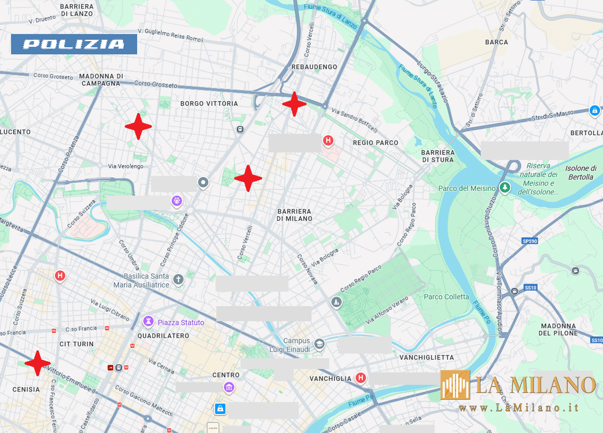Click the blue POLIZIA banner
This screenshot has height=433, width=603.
coord(74,44)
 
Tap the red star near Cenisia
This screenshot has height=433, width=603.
coord(38,363)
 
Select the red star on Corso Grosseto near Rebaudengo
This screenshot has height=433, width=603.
coord(294,104)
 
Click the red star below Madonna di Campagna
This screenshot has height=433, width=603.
coord(138,126)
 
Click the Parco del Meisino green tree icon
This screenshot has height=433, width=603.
coord(505,187)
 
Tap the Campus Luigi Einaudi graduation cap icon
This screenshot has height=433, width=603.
coord(319,344)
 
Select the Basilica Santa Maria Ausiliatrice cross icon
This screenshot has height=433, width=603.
coord(178,279)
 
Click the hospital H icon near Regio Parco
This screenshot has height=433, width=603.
coord(328,141)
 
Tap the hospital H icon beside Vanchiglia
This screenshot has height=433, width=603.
coord(361,378)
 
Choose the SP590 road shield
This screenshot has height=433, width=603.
coord(530,241)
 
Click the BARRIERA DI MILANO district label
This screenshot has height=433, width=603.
coord(294,215)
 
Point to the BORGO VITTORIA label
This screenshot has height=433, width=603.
coord(209,103)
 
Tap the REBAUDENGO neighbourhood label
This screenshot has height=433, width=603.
coord(314,67)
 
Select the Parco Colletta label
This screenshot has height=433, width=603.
coord(446,297)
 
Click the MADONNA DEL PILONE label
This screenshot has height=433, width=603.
coord(558,330)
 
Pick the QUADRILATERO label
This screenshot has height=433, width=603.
coord(163,336)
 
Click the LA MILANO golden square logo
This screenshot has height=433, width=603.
coord(455,384)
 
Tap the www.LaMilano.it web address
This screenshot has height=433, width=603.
coord(519,408)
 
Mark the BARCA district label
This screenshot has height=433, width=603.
coord(496,42)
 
